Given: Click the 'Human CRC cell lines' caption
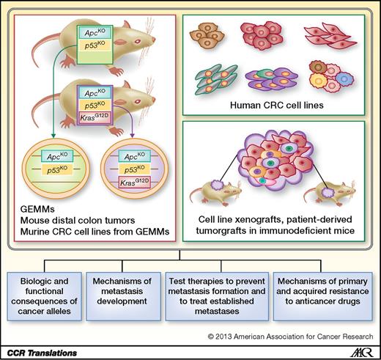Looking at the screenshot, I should pyautogui.click(x=278, y=105).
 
